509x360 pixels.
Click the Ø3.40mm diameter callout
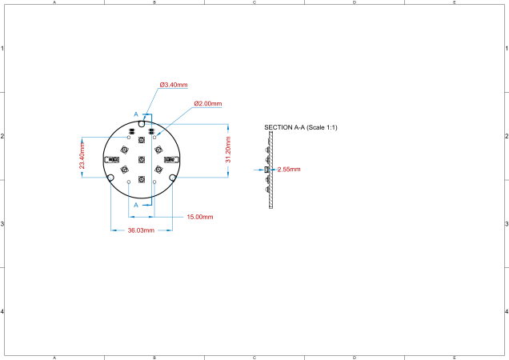click(x=173, y=84)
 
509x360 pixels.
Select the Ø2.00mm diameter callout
click(x=207, y=104)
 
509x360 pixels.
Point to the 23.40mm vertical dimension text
click(x=82, y=156)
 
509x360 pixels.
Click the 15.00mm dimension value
click(x=199, y=217)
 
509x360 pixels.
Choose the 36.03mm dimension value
click(x=142, y=230)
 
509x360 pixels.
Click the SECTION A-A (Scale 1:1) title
click(x=300, y=127)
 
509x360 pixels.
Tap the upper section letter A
click(x=135, y=114)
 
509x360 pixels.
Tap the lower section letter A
click(x=135, y=205)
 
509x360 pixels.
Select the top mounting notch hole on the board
click(x=142, y=124)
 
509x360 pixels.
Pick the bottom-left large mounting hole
click(x=110, y=178)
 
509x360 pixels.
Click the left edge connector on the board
click(x=110, y=159)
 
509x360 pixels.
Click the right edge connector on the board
click(x=170, y=159)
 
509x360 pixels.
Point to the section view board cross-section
click(x=271, y=170)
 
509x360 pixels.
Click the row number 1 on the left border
click(x=3, y=49)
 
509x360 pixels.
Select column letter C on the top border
click(x=254, y=3)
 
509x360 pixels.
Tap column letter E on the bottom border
click(x=455, y=357)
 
